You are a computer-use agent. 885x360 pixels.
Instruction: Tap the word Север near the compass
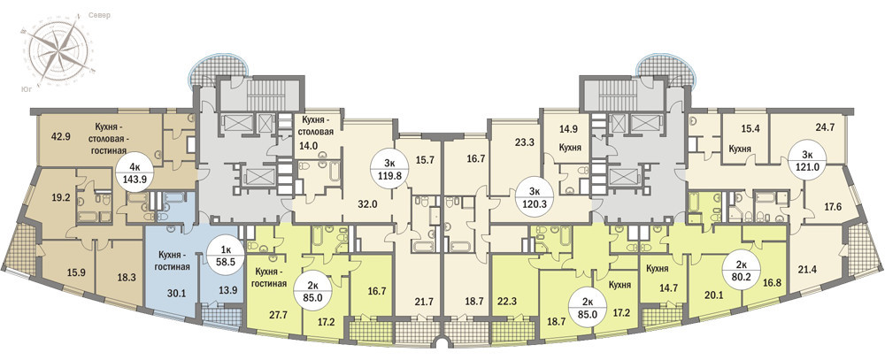(x=99, y=15)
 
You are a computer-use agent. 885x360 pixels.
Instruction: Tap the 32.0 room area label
(x=367, y=204)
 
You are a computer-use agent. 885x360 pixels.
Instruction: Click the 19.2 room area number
(x=56, y=198)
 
